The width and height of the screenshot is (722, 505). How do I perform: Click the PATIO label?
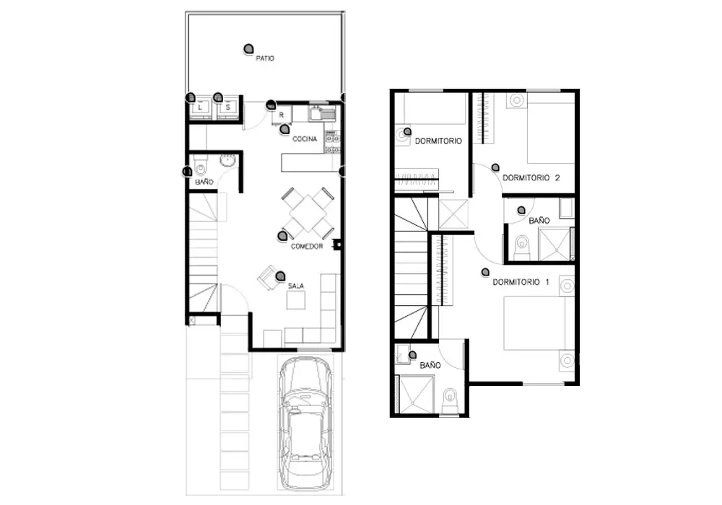[x=265, y=58]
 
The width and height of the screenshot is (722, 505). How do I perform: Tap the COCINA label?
[x=305, y=139]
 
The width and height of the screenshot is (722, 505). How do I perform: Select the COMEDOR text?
[x=307, y=247]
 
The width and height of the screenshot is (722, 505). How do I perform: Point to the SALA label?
[x=296, y=286]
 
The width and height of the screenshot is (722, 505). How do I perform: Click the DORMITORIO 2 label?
[x=531, y=177]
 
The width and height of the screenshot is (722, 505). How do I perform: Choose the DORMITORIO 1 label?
[x=521, y=282]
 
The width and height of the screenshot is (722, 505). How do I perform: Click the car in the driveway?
[x=305, y=423]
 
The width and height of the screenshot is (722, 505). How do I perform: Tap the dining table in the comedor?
[x=308, y=214]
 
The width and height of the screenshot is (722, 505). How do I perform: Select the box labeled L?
[x=200, y=107]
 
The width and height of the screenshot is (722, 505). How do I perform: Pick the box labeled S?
[x=228, y=107]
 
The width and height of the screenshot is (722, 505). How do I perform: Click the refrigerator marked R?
[x=282, y=115]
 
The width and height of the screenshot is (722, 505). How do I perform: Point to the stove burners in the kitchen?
[x=332, y=142]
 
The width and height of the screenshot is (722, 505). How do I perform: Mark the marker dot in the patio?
[x=248, y=49]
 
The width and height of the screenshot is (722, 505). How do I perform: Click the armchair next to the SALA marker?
[x=268, y=277]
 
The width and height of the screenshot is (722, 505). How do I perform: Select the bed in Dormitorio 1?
[x=539, y=323]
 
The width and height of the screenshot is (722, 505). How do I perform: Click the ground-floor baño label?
[x=204, y=182]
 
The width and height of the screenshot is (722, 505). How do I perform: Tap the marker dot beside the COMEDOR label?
[x=282, y=236]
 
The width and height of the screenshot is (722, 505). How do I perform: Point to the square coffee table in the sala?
[x=295, y=300]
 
